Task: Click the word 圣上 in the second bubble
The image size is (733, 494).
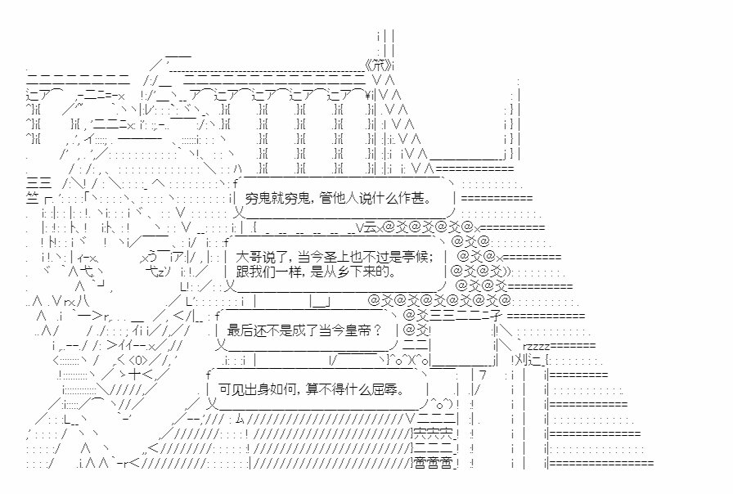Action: pyautogui.click(x=334, y=255)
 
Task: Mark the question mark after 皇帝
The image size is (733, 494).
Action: pyautogui.click(x=376, y=330)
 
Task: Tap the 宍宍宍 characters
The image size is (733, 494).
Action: pyautogui.click(x=432, y=432)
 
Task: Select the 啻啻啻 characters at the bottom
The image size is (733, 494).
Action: pyautogui.click(x=432, y=463)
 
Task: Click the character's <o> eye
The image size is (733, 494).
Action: pyautogui.click(x=138, y=360)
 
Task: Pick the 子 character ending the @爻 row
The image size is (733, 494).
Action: pyautogui.click(x=497, y=316)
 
